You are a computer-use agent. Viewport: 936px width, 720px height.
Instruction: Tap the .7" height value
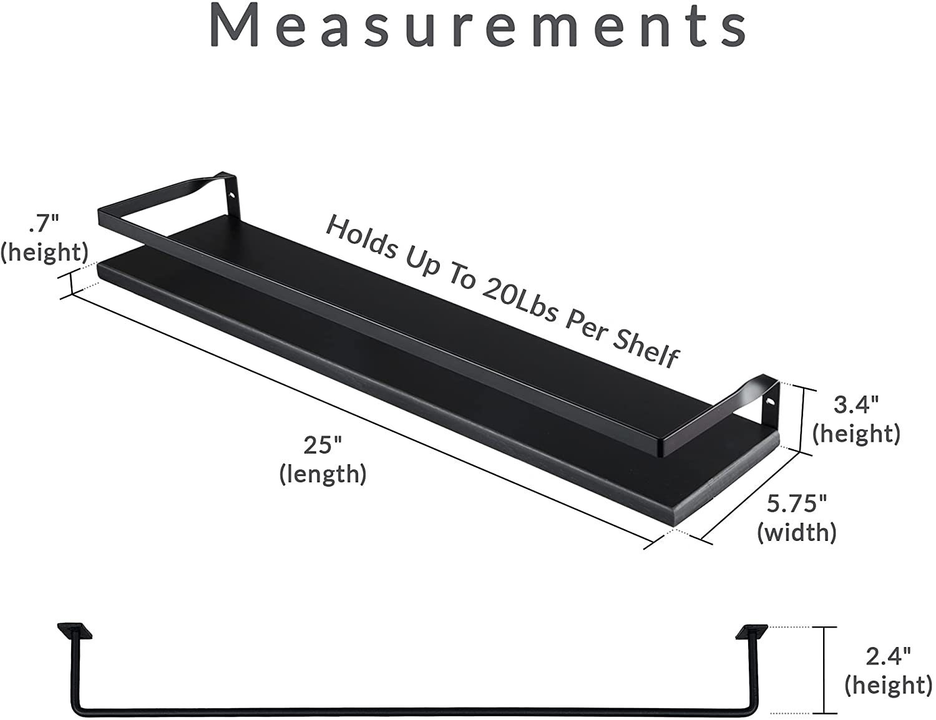pyautogui.click(x=44, y=223)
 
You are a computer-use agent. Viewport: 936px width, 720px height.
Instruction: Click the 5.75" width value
pyautogui.click(x=797, y=504)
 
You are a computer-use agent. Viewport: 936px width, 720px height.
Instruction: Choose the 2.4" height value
pyautogui.click(x=887, y=656)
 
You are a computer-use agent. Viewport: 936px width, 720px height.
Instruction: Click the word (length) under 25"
pyautogui.click(x=323, y=474)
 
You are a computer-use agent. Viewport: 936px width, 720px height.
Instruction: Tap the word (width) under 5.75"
pyautogui.click(x=797, y=532)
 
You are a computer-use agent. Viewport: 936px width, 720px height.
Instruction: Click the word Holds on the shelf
pyautogui.click(x=362, y=238)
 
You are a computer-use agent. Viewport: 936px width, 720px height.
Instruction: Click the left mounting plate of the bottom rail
pyautogui.click(x=74, y=631)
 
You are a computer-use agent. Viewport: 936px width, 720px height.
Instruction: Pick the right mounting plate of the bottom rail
pyautogui.click(x=752, y=632)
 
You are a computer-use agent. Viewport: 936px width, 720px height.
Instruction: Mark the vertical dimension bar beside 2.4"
pyautogui.click(x=826, y=669)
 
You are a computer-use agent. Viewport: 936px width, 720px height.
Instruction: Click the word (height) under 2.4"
pyautogui.click(x=887, y=685)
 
